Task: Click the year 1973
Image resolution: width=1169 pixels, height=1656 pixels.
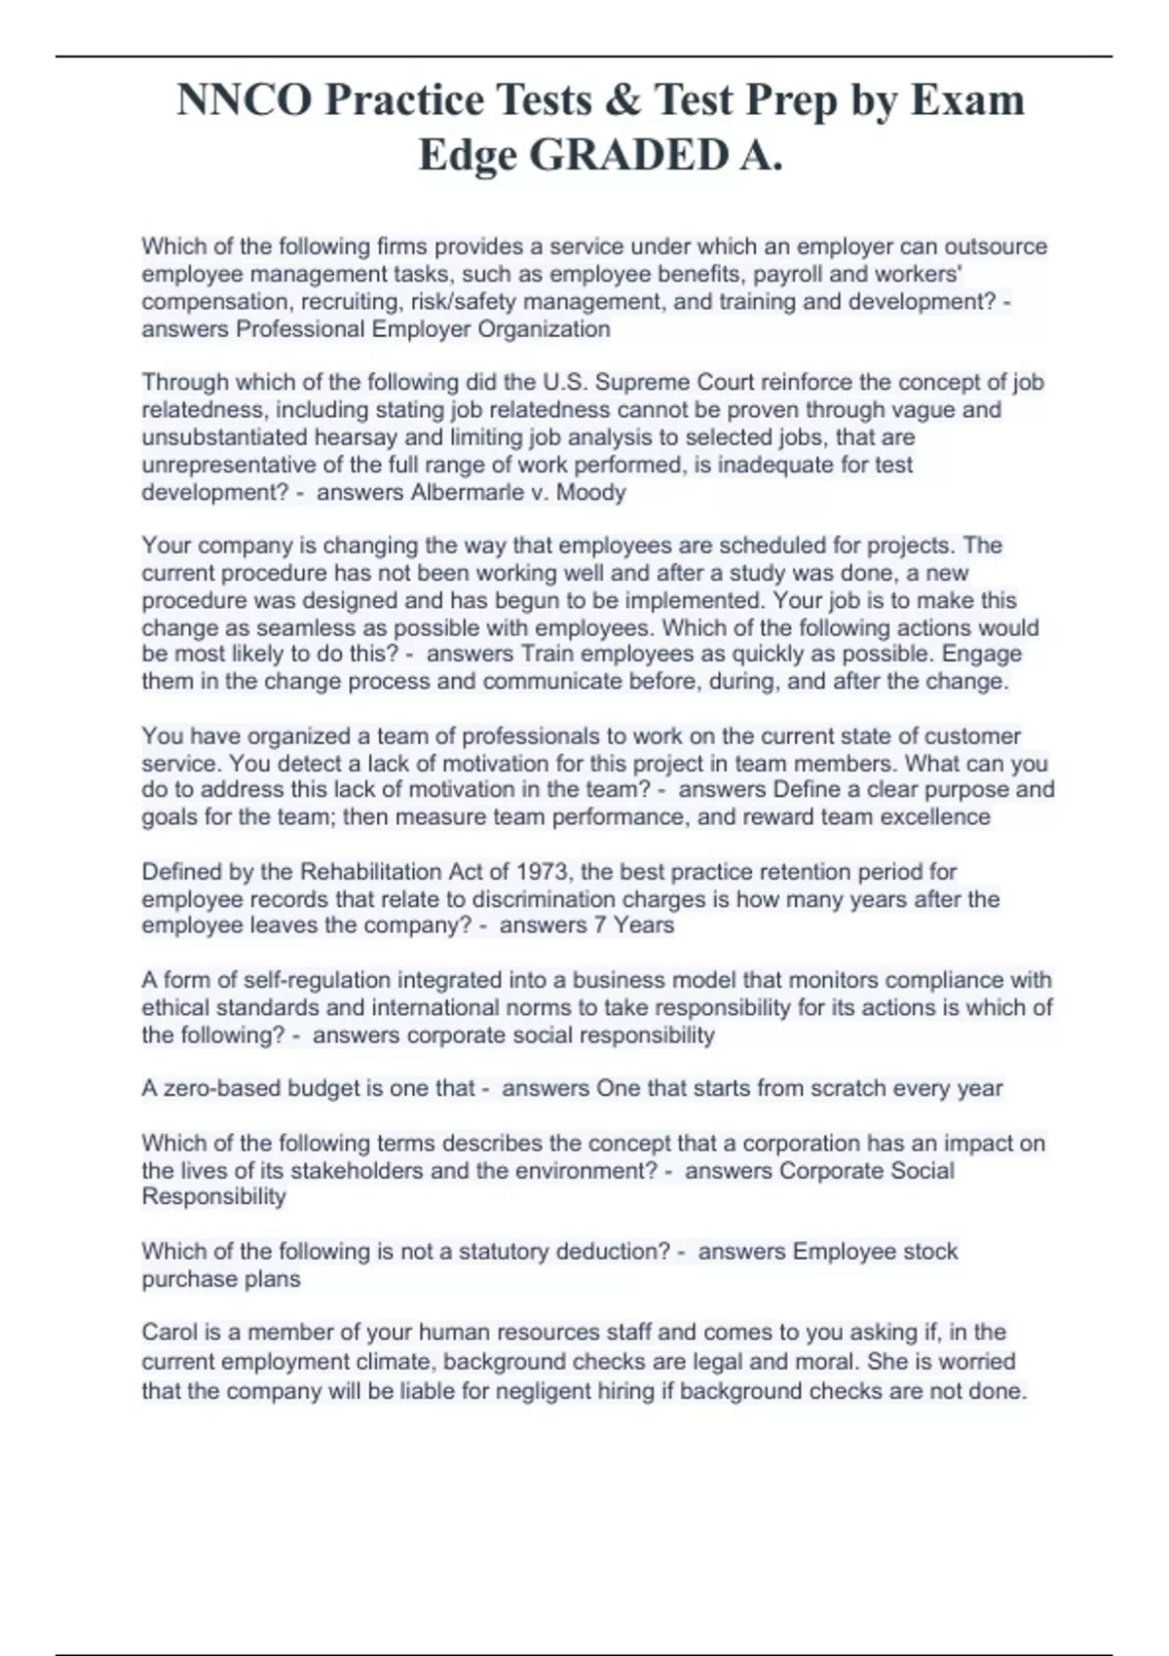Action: tap(542, 871)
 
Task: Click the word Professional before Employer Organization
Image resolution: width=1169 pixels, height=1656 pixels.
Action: tap(300, 329)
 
